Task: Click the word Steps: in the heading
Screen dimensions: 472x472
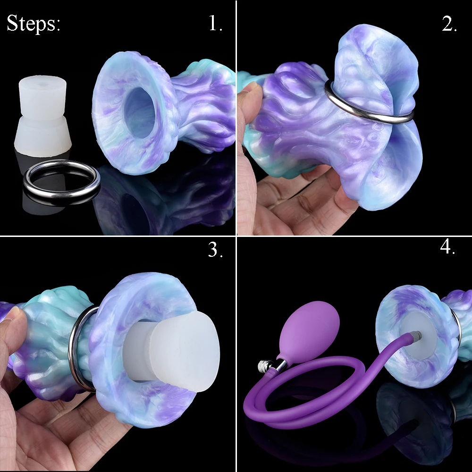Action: point(34,23)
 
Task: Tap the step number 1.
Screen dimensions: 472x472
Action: point(215,24)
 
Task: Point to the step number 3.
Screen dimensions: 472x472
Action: point(215,251)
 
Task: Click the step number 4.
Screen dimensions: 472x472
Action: point(447,247)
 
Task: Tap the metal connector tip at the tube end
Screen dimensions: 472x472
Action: point(414,337)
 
